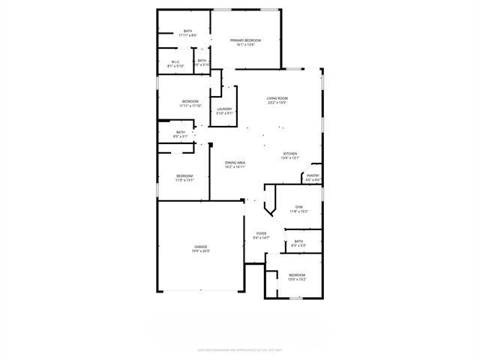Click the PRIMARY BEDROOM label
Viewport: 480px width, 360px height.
(x=245, y=40)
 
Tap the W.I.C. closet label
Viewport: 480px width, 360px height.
(x=175, y=62)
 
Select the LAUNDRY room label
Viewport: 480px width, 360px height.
(x=224, y=109)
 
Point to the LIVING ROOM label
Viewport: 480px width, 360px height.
(x=277, y=98)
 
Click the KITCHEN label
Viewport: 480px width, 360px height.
(x=290, y=154)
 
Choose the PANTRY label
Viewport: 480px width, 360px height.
(x=313, y=175)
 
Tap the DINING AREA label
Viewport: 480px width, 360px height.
(x=235, y=163)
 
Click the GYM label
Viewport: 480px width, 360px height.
(x=298, y=207)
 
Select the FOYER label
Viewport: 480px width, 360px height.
(x=261, y=234)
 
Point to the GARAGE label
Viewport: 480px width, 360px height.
(x=201, y=246)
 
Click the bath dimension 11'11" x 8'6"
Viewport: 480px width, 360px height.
(x=187, y=35)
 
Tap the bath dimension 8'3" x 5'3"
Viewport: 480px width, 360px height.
(x=298, y=245)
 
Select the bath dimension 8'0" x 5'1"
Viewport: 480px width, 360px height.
(x=181, y=136)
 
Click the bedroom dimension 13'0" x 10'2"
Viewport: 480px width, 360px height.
(x=298, y=279)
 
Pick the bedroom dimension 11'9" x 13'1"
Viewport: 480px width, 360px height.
(x=184, y=180)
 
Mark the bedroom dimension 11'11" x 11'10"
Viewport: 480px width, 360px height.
(x=190, y=106)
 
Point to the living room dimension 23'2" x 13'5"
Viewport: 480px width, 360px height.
(x=277, y=103)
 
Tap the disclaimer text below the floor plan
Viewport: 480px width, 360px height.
(x=240, y=349)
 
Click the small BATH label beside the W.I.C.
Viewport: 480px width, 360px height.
(x=202, y=60)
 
